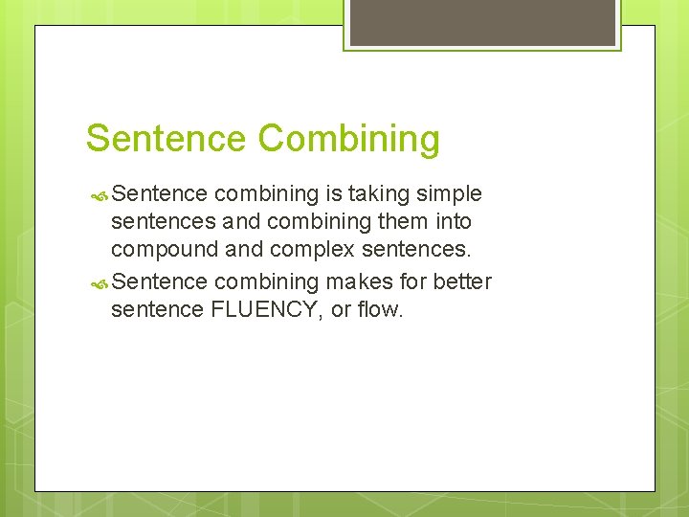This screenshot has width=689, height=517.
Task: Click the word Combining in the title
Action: point(349,140)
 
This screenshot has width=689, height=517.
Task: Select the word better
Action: point(462,281)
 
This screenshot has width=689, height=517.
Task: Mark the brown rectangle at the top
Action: point(481,22)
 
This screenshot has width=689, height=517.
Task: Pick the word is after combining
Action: point(334,194)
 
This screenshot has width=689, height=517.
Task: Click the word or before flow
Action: point(343,310)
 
